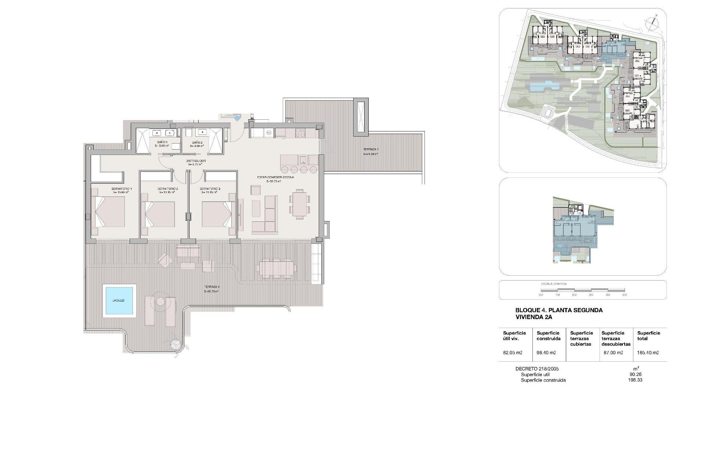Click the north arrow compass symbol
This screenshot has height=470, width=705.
tap(652, 23)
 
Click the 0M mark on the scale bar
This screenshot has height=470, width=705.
tap(541, 295)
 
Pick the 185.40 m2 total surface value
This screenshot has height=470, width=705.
tap(648, 352)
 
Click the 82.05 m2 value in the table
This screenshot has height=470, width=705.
tap(513, 352)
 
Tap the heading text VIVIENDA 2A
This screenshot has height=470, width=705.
tap(534, 317)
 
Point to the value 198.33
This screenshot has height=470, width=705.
tap(635, 380)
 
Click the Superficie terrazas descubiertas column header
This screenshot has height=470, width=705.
tap(616, 339)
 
